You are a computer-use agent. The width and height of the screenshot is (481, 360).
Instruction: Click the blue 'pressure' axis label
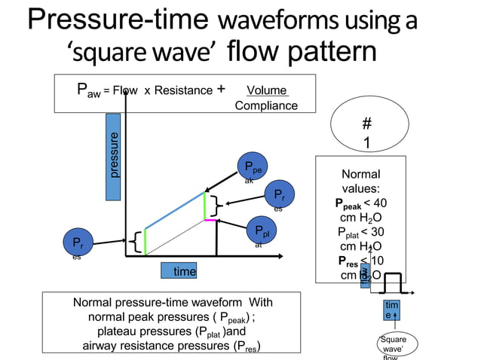(113, 157)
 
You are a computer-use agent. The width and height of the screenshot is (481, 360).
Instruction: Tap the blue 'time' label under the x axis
(179, 271)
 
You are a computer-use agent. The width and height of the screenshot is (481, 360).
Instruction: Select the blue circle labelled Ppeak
(253, 169)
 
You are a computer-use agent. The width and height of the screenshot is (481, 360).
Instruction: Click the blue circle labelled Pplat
(262, 231)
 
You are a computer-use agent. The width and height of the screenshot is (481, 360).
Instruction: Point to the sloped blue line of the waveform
(174, 210)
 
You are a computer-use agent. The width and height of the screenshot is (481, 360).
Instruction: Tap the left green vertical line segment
(145, 241)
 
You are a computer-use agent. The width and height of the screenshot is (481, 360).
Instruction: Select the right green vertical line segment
(204, 206)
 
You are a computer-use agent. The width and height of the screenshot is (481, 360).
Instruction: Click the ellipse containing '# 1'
(366, 133)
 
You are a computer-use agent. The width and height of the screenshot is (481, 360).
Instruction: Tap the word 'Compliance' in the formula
(266, 105)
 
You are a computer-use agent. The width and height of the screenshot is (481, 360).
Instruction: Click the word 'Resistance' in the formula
(184, 90)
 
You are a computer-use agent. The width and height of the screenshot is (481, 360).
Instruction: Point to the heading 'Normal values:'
(360, 182)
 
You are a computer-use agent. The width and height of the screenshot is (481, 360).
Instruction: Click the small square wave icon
(392, 283)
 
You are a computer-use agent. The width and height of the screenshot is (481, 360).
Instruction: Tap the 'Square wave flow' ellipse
(392, 346)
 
